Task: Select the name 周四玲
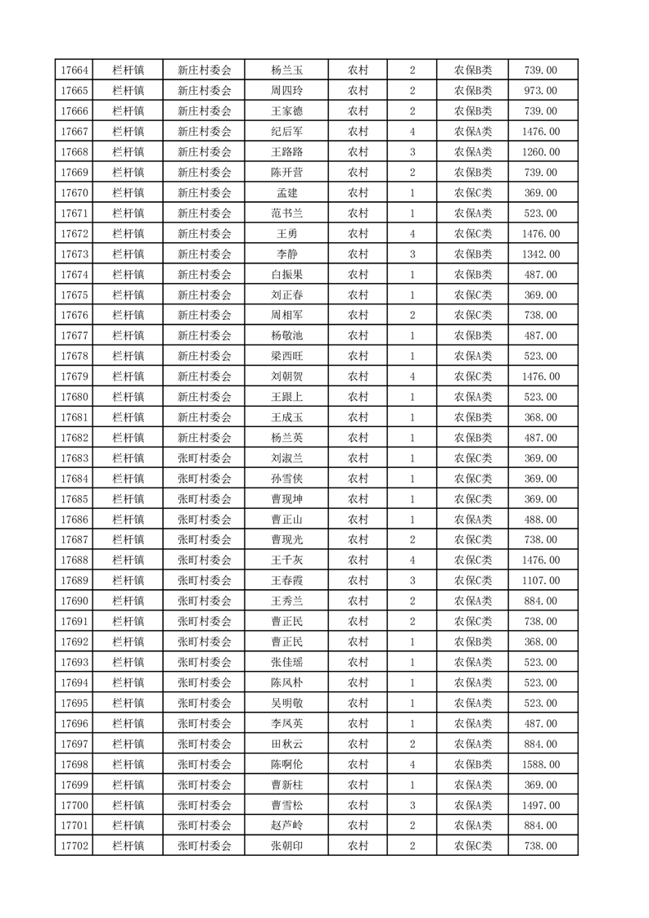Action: pyautogui.click(x=286, y=91)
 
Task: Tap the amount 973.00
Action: pyautogui.click(x=540, y=91)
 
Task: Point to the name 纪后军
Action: pyautogui.click(x=286, y=132)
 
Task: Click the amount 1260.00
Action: pyautogui.click(x=540, y=152)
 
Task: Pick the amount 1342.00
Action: pyautogui.click(x=540, y=254)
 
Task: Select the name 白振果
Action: pyautogui.click(x=286, y=275)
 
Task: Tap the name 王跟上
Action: pyautogui.click(x=286, y=397)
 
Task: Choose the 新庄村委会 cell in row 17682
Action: pyautogui.click(x=205, y=438)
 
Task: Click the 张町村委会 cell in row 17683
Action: pyautogui.click(x=205, y=458)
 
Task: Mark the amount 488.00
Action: pyautogui.click(x=540, y=520)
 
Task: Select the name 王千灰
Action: pyautogui.click(x=286, y=560)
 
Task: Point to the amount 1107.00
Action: pyautogui.click(x=540, y=581)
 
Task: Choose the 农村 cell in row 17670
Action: pyautogui.click(x=358, y=193)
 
